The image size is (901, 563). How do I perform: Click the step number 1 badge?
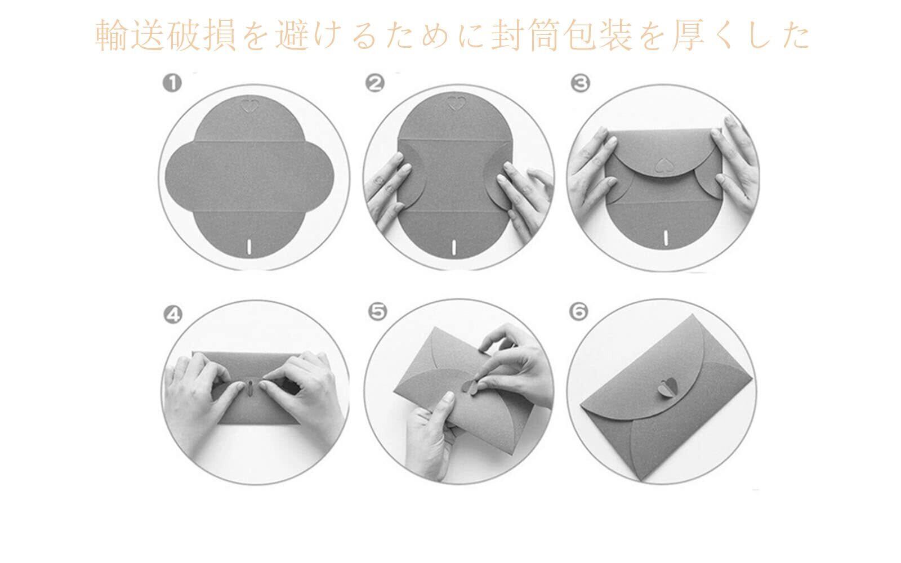[172, 84]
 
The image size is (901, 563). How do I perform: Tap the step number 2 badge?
[375, 84]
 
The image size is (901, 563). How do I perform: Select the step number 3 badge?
[581, 84]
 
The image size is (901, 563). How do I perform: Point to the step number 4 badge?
[173, 315]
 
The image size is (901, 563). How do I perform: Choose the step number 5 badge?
[378, 312]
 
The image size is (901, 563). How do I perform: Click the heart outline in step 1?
[249, 106]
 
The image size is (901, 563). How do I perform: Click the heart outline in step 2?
[457, 104]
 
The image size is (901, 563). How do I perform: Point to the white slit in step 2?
[454, 247]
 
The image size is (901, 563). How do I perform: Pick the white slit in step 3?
[666, 237]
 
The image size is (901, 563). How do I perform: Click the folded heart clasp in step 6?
[668, 387]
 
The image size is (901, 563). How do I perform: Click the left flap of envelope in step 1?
[180, 176]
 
